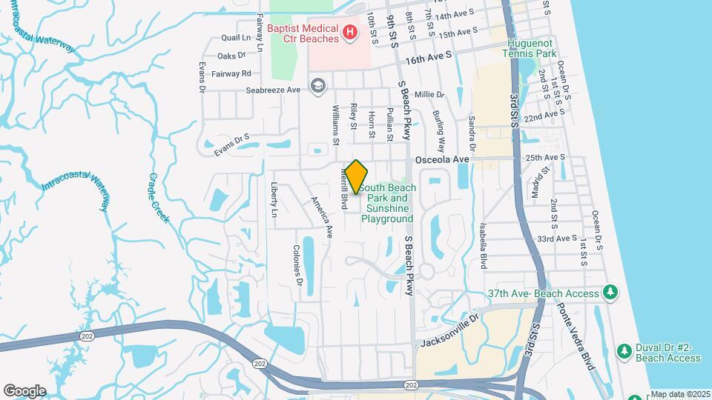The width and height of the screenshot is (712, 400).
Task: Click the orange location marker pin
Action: [x=357, y=177]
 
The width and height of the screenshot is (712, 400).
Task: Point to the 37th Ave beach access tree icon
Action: [x=610, y=293]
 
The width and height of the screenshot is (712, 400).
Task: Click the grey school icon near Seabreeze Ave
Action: [x=318, y=87]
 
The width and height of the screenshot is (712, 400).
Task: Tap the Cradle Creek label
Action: [x=158, y=199]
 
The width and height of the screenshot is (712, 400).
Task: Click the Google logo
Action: [x=24, y=390]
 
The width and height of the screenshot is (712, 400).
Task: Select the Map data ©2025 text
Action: [x=680, y=394]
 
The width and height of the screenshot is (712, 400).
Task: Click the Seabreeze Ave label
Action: [x=273, y=90]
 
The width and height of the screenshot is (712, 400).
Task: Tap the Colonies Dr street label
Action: [x=298, y=265]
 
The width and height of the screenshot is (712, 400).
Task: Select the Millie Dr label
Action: [x=429, y=95]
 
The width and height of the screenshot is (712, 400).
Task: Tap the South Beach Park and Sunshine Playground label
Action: [x=387, y=203]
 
